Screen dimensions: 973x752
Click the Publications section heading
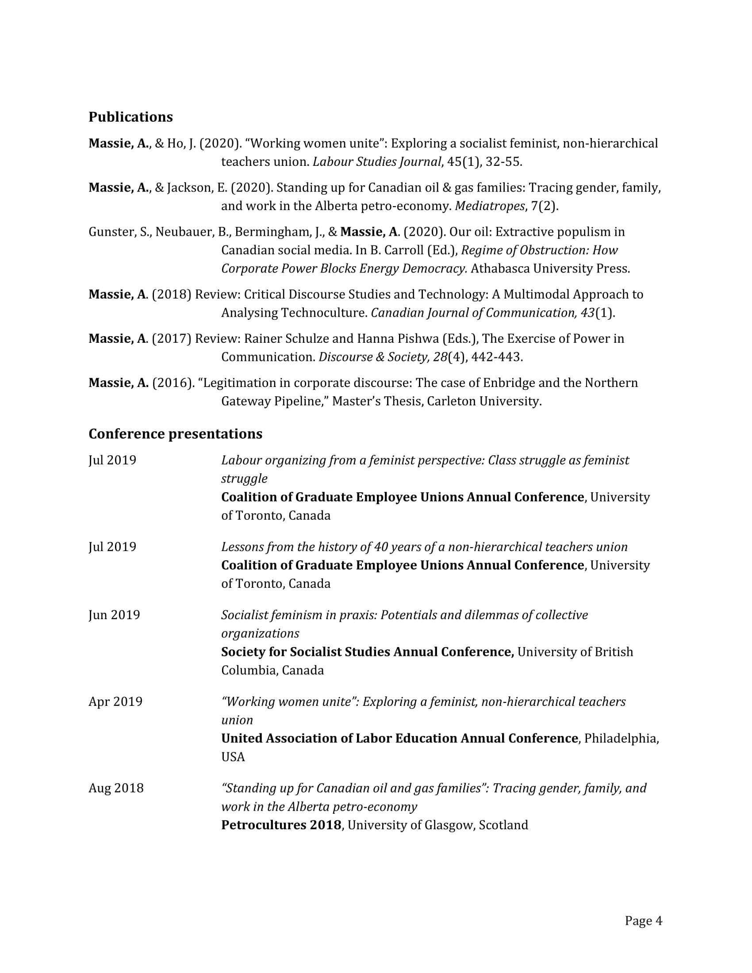(x=130, y=117)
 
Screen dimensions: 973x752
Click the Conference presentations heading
(x=175, y=433)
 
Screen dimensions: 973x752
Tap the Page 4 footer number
(x=643, y=920)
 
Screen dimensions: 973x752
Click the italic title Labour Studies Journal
(x=377, y=161)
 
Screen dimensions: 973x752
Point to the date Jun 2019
(x=114, y=615)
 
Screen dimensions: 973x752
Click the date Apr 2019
(x=115, y=701)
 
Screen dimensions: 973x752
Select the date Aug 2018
(x=116, y=788)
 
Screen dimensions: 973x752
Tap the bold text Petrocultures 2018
(x=281, y=825)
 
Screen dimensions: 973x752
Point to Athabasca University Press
(x=550, y=268)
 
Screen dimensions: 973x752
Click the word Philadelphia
(x=620, y=738)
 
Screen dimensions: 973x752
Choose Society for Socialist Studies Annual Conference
(x=368, y=652)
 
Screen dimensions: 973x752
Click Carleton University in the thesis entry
(x=484, y=401)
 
